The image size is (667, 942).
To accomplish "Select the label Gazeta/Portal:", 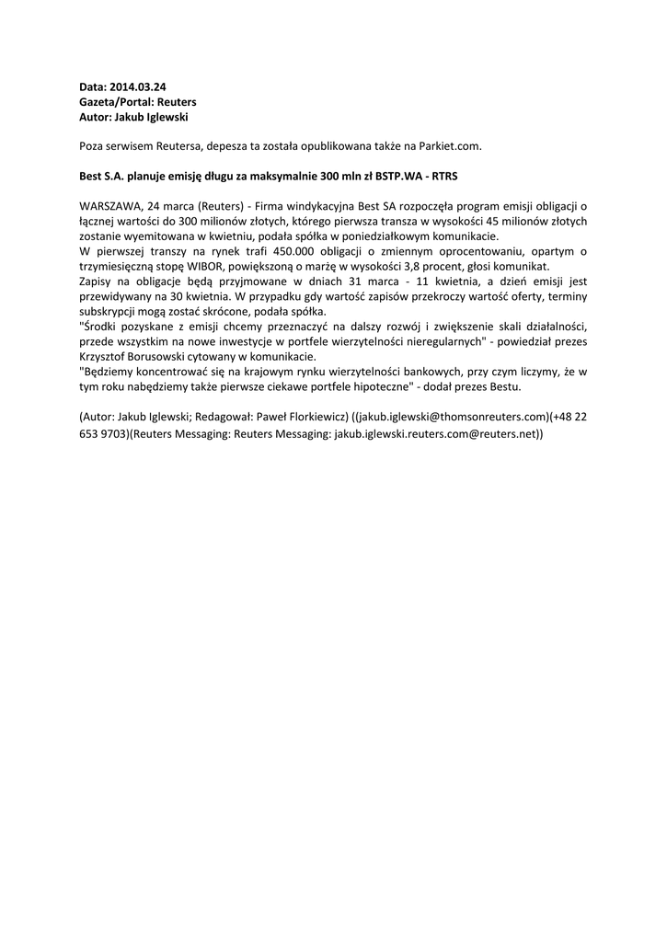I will click(115, 101).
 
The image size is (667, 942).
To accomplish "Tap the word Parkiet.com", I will click(451, 145).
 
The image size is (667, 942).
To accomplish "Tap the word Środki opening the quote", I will click(100, 326).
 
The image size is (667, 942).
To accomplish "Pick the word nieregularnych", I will click(430, 340).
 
